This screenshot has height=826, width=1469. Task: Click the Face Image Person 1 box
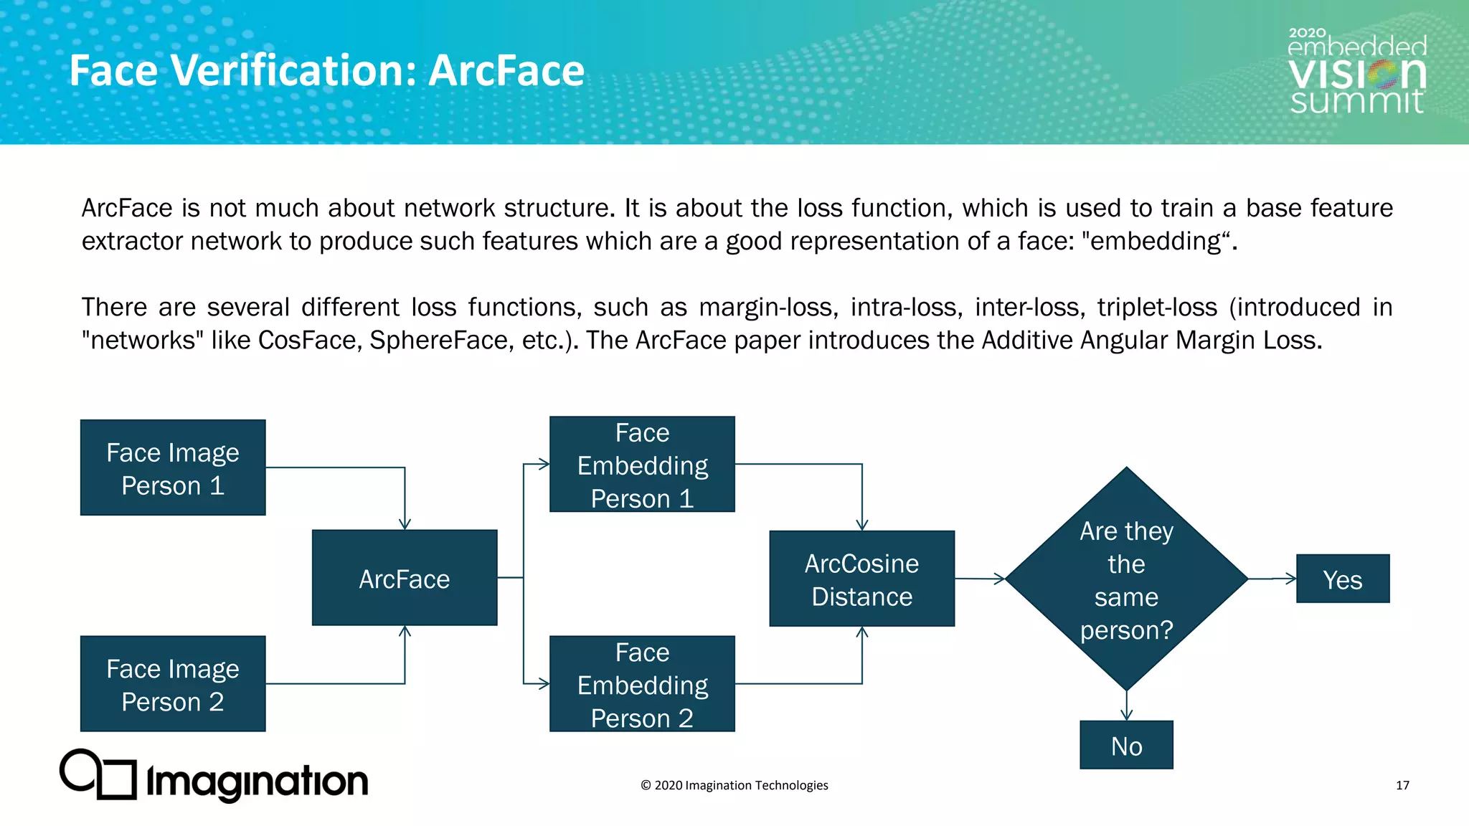(173, 467)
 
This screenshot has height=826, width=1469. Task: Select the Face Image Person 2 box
(173, 684)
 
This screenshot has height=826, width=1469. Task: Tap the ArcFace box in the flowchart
(405, 578)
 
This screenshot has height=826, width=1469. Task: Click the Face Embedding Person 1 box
(642, 465)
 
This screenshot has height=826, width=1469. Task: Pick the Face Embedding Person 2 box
(642, 684)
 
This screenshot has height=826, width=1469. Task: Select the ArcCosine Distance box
(861, 579)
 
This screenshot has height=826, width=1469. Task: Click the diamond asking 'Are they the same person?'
(1126, 579)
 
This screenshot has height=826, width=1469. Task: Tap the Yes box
(1342, 579)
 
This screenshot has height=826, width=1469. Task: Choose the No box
(1126, 746)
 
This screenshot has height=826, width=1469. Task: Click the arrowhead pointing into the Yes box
(1291, 578)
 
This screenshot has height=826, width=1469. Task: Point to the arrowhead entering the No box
(1127, 715)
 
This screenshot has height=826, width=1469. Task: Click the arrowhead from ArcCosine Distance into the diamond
(1000, 579)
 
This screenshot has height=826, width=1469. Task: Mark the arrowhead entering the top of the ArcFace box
(405, 524)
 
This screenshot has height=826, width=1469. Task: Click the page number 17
(1402, 785)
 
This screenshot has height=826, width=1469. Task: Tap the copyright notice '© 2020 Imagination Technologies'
(734, 785)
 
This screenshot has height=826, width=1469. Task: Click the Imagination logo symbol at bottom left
(98, 774)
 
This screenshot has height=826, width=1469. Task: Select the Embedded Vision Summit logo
(1356, 72)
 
